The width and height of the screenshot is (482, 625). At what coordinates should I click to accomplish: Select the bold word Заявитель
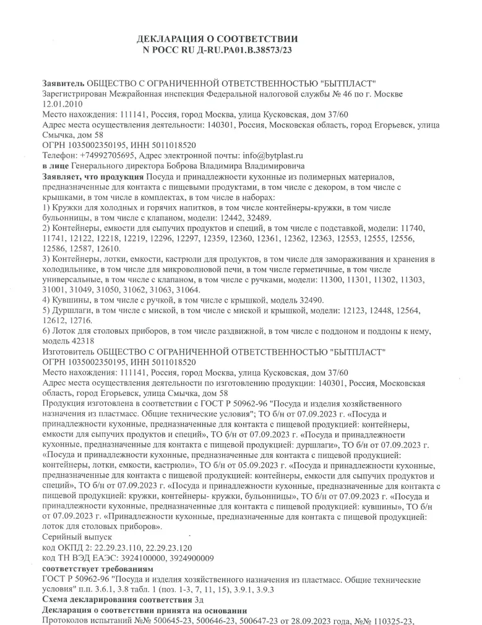(63, 83)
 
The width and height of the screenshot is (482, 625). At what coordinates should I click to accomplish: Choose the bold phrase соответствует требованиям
(96, 569)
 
